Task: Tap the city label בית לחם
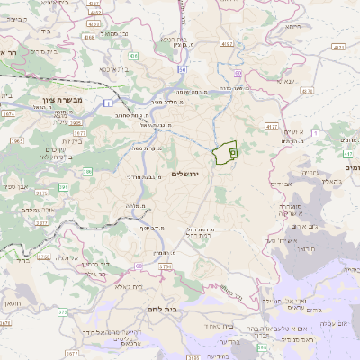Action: point(161,308)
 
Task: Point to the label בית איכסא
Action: point(112,68)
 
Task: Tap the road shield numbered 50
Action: point(183,68)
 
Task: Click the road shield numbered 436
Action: point(133,56)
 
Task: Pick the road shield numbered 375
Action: point(62,311)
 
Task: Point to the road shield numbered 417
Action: point(347,154)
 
